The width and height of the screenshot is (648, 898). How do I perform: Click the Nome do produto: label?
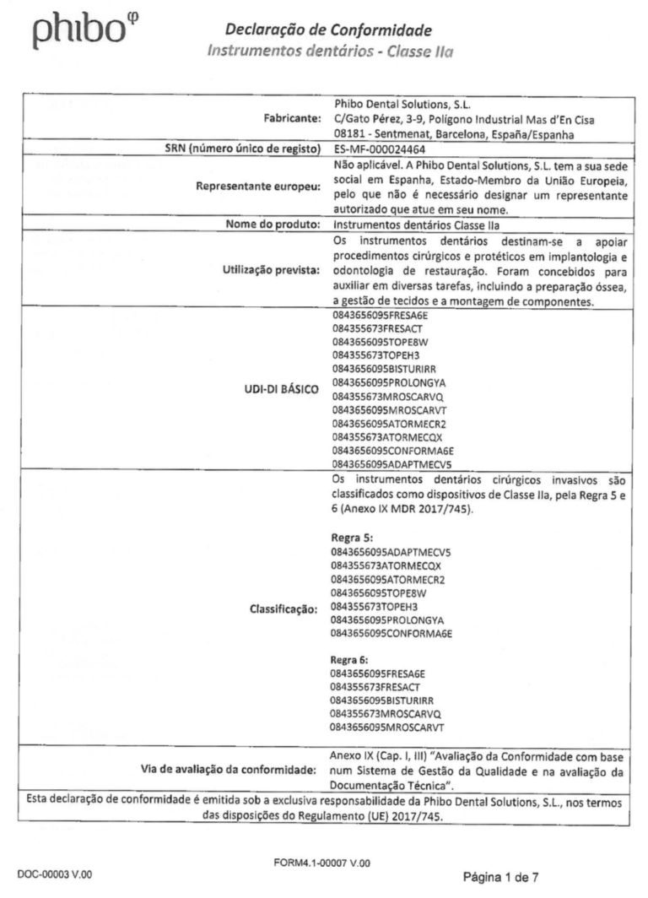coord(267,225)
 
